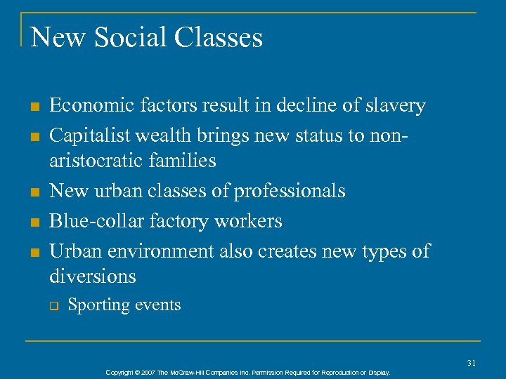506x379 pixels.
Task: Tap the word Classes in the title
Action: click(x=219, y=37)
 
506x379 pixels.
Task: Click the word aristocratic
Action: click(x=97, y=161)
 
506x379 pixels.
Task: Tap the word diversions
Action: click(x=93, y=277)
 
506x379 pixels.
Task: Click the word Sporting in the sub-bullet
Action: click(x=96, y=305)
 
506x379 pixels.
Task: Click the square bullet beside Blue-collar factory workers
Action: click(x=33, y=222)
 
